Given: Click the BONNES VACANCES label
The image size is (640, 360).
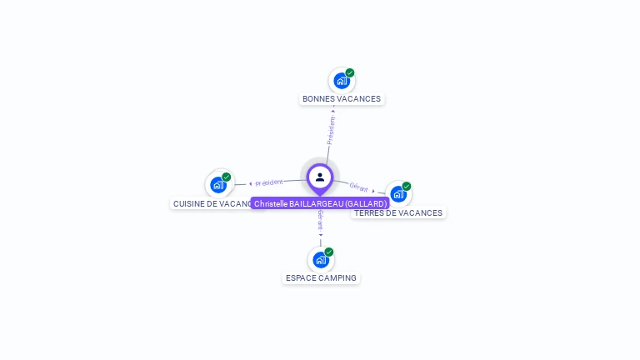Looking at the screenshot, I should point(342,99).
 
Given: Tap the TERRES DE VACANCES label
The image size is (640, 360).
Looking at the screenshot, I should point(398,213).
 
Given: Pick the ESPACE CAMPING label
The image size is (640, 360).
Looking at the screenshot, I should point(321,278).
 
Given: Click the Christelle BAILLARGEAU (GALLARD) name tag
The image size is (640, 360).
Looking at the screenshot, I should point(320,204).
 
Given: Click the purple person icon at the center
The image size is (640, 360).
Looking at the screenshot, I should point(320,177).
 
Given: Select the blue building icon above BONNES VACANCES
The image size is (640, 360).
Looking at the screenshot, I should point(341,81).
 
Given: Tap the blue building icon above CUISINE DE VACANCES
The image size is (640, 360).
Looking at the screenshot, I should point(218,185).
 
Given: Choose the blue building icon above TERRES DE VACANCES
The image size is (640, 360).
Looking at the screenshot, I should point(397,194).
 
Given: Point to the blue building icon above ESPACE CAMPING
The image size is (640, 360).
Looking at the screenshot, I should point(320,260).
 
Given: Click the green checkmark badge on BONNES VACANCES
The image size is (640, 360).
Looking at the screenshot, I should point(350,72).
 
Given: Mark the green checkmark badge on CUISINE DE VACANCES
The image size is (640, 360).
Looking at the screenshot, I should point(227,177).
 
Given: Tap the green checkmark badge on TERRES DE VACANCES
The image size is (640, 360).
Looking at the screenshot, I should point(407,186).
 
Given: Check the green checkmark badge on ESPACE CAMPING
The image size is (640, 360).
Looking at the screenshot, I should point(329,252).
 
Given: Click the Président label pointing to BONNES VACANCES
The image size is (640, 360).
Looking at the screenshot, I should point(331,129).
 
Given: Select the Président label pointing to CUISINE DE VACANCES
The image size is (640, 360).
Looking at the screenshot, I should point(268,182).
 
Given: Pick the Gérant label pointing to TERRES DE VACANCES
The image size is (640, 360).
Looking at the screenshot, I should point(359,187).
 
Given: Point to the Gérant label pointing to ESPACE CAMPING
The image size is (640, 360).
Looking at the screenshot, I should point(320,221).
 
